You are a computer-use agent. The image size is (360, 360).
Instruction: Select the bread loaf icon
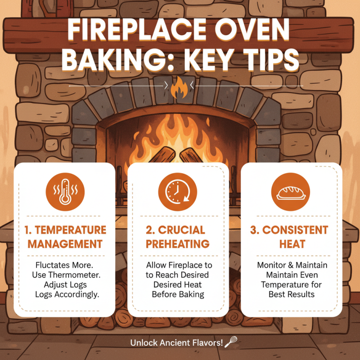pyautogui.click(x=291, y=193)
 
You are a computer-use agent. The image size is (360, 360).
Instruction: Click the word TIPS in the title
pyautogui.click(x=265, y=61)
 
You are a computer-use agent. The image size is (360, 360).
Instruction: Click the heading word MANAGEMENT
pyautogui.click(x=64, y=244)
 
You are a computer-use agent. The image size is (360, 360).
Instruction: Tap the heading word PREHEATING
pyautogui.click(x=176, y=244)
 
